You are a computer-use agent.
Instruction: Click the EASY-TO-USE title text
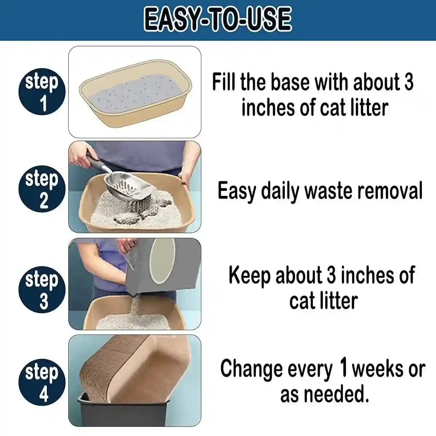click(x=218, y=20)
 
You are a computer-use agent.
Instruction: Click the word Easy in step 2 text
click(x=237, y=191)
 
